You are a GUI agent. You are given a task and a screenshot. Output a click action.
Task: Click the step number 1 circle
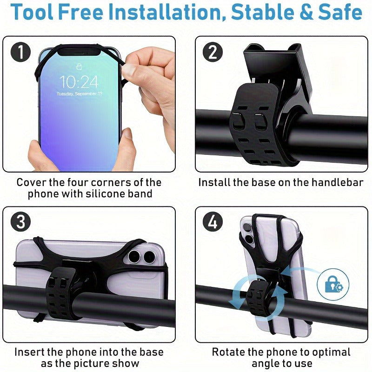click(20, 52)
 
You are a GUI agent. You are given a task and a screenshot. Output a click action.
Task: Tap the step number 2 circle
click(213, 52)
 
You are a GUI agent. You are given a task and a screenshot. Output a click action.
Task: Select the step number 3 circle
click(20, 222)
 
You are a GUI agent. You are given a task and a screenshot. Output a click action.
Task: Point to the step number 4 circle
click(213, 222)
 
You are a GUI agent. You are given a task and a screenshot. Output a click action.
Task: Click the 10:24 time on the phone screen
click(79, 82)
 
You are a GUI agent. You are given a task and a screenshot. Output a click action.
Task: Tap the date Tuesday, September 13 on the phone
click(79, 93)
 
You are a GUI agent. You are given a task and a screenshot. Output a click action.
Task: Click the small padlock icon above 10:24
click(79, 66)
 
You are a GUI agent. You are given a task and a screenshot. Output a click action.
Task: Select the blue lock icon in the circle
click(333, 284)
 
